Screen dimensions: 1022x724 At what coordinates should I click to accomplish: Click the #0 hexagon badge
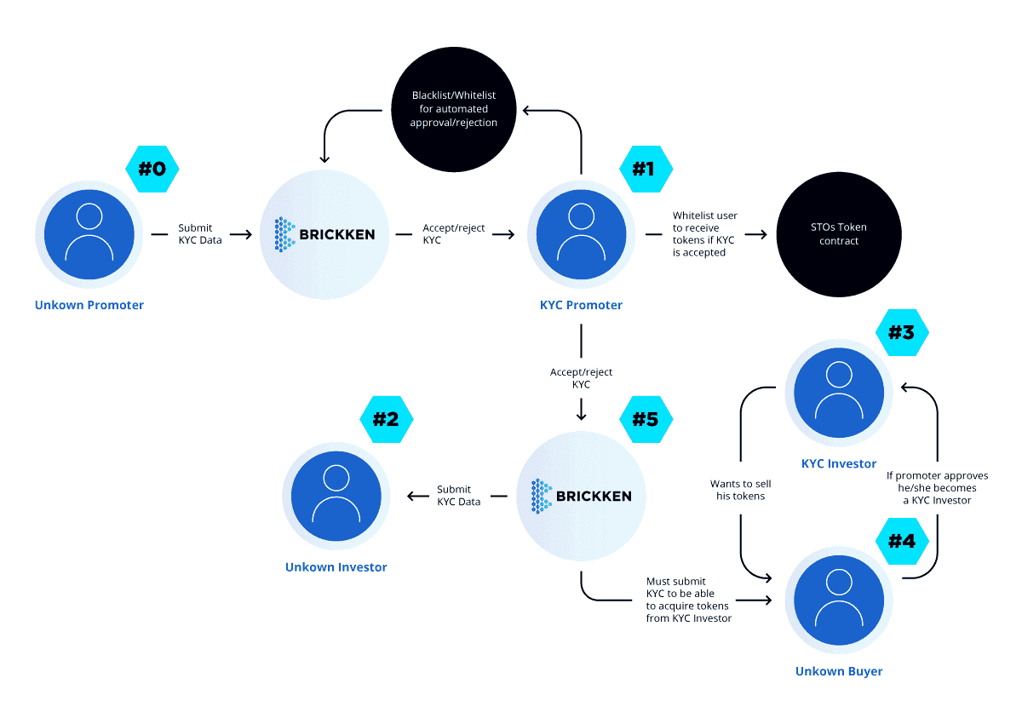[152, 169]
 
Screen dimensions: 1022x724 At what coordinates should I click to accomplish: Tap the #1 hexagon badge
[646, 169]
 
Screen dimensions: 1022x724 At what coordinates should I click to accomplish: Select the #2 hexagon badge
[387, 419]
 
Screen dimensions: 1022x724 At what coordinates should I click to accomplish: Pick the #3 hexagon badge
[903, 332]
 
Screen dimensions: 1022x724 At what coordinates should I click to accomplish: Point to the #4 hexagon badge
[903, 541]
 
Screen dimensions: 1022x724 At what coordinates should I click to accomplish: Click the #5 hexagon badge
[646, 419]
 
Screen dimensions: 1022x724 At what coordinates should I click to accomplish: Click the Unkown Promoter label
[89, 305]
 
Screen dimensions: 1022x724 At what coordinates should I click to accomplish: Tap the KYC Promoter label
[581, 305]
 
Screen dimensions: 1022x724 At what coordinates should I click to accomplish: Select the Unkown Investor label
[336, 567]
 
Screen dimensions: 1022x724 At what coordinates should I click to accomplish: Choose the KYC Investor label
[839, 463]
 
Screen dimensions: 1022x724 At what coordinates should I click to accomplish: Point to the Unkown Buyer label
[839, 671]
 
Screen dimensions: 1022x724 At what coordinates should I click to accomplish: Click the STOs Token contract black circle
[839, 234]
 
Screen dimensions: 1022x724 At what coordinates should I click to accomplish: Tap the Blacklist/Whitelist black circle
[454, 110]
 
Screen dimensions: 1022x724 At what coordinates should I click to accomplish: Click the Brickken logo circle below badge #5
[581, 496]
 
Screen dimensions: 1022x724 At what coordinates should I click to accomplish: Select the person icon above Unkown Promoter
[89, 234]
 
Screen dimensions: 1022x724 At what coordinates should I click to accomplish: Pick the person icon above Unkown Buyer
[839, 600]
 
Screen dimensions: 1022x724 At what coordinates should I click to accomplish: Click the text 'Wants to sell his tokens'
[740, 490]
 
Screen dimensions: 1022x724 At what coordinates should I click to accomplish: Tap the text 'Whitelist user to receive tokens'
[705, 227]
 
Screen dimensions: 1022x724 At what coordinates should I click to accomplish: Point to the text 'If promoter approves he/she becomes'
[938, 482]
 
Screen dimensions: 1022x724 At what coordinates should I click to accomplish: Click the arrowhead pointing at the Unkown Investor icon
[411, 496]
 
